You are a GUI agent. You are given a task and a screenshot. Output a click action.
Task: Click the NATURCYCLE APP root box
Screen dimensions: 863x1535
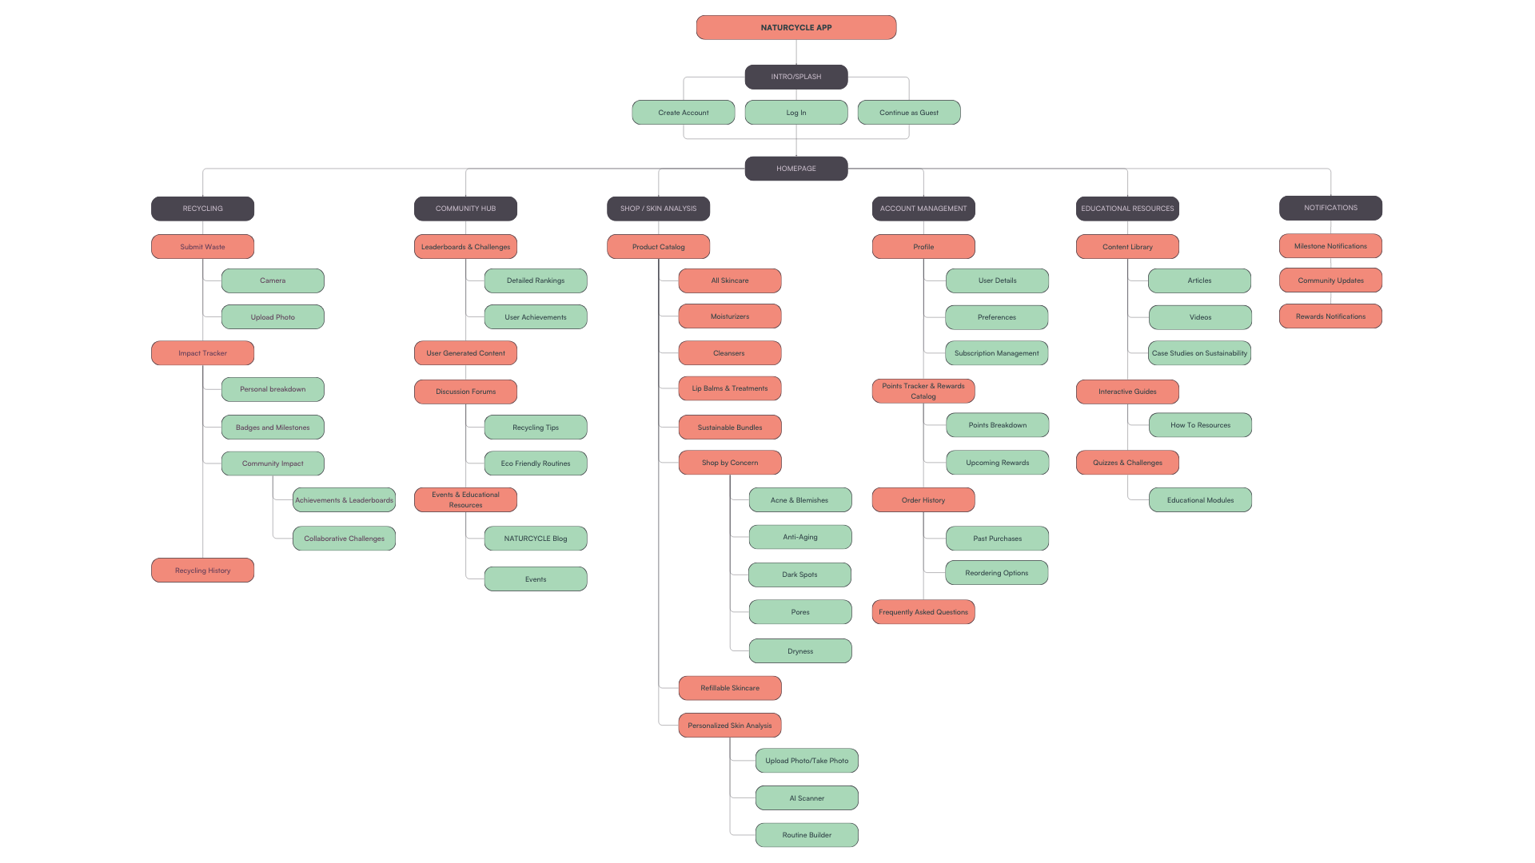[x=795, y=27]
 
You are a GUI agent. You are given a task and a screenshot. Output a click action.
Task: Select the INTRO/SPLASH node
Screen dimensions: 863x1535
[x=795, y=77]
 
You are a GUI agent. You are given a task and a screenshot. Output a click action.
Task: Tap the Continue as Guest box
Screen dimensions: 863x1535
[x=908, y=113]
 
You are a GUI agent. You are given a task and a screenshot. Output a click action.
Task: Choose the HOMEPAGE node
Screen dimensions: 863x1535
[x=795, y=169]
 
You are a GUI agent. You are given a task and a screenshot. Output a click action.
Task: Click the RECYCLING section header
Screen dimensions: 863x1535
[x=202, y=209]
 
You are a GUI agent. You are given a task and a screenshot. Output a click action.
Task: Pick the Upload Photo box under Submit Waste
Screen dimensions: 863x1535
[x=273, y=317]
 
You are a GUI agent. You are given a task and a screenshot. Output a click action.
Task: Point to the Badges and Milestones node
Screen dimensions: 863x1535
[x=273, y=428]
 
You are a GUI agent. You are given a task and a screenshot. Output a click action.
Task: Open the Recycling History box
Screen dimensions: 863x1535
[x=202, y=571]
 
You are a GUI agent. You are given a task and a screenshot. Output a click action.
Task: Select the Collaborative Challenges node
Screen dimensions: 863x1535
[x=344, y=539]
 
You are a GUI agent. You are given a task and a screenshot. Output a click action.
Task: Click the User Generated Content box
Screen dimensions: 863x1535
[x=465, y=353]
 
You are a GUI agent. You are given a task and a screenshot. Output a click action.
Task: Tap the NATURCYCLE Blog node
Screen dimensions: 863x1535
[x=535, y=539]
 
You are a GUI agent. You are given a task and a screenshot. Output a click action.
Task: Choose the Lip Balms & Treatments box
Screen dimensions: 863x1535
[x=729, y=388]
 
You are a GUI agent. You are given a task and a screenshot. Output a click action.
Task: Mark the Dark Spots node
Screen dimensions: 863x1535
[x=799, y=575]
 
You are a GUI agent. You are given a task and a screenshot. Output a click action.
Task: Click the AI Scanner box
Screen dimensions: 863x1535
[x=807, y=798]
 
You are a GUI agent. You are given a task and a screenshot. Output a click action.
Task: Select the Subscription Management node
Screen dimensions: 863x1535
[x=996, y=353]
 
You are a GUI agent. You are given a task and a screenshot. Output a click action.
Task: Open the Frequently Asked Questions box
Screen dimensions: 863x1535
[x=923, y=612]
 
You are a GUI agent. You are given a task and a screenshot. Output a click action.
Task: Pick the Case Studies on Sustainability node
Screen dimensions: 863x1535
[x=1199, y=353]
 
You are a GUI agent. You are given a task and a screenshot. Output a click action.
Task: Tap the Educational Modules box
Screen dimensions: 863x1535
[x=1200, y=500]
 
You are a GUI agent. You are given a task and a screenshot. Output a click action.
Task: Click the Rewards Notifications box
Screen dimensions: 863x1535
[x=1330, y=316]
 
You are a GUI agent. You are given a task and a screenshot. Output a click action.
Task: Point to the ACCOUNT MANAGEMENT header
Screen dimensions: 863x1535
[x=923, y=209]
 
